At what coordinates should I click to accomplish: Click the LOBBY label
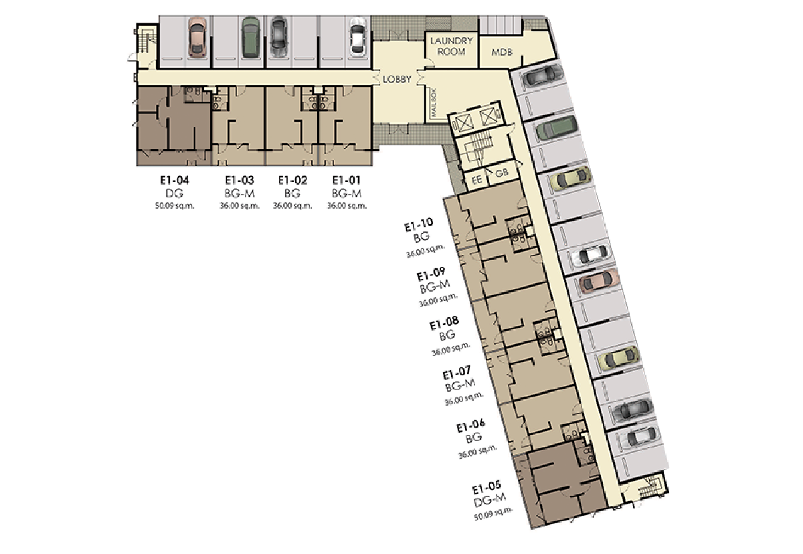[x=397, y=79]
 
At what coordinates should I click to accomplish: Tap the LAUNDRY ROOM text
[x=451, y=46]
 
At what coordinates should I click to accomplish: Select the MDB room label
[x=502, y=52]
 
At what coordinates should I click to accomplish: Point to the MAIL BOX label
[x=434, y=102]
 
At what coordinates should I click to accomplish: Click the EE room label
[x=476, y=180]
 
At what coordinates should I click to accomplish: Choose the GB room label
[x=501, y=173]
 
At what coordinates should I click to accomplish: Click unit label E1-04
[x=175, y=180]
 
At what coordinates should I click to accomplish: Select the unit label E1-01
[x=347, y=180]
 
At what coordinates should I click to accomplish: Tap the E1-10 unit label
[x=419, y=225]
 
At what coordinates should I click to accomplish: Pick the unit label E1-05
[x=486, y=487]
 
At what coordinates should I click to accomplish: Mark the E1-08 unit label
[x=444, y=323]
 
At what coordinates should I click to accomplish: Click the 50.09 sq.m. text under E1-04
[x=175, y=205]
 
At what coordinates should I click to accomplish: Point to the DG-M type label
[x=490, y=500]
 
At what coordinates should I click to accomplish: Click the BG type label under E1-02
[x=292, y=193]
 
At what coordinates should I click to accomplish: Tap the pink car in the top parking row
[x=197, y=37]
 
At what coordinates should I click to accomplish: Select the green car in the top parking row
[x=250, y=37]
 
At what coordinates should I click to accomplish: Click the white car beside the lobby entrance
[x=357, y=37]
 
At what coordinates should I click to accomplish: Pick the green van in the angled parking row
[x=557, y=128]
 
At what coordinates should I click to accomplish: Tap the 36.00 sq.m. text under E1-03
[x=240, y=205]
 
